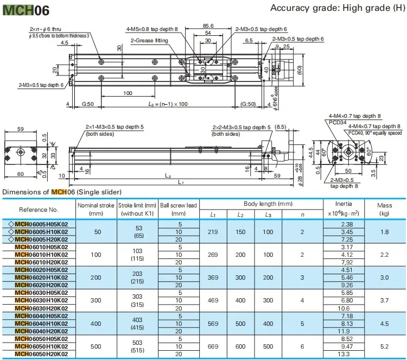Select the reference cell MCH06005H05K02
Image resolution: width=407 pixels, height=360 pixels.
[41, 224]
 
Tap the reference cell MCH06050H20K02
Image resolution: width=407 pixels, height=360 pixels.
[41, 353]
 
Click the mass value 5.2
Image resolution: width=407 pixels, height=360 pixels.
[384, 346]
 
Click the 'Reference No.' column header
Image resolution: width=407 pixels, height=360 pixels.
[39, 209]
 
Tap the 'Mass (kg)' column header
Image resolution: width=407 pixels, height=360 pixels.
[384, 209]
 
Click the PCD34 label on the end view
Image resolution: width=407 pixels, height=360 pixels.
[337, 123]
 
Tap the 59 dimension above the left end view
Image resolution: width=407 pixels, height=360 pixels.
[20, 129]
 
